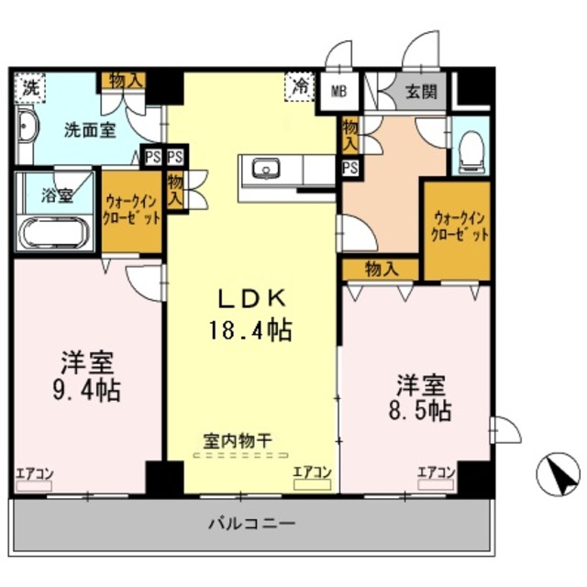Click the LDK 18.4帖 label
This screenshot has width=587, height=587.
(x=253, y=314)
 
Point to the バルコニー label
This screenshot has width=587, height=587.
(x=251, y=525)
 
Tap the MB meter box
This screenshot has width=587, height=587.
(x=339, y=91)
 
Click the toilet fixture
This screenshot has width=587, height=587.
(x=472, y=148)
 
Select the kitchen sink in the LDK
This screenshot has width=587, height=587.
(x=268, y=170)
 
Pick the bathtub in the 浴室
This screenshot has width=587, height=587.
(x=53, y=231)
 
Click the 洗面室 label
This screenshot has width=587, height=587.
(x=90, y=129)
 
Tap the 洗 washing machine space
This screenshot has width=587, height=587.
(x=31, y=89)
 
